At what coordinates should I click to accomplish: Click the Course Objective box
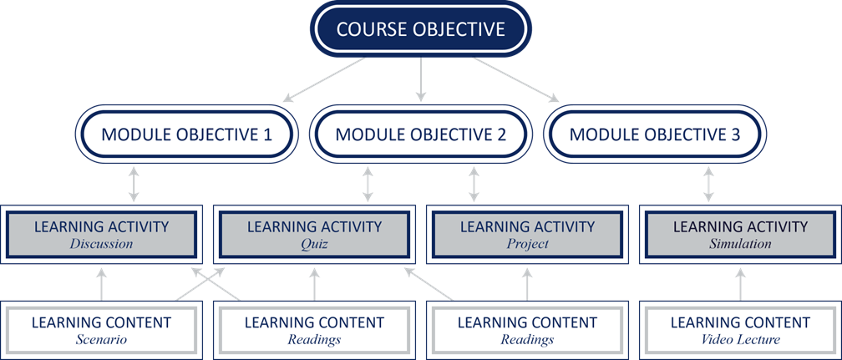coord(420,30)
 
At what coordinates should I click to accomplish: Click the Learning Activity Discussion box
coord(103,234)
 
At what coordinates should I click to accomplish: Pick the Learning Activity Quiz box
coord(314,234)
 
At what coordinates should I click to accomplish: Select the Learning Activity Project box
coord(527,234)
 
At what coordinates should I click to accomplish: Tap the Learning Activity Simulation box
coord(740,234)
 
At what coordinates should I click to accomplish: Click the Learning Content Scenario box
coord(101,330)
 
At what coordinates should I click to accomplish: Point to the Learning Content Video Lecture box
coord(740,330)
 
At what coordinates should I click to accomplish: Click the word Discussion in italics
coord(103,245)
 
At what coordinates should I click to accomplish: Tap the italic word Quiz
coord(314,245)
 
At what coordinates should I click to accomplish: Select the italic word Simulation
coord(740,245)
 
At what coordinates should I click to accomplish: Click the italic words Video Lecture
coord(740,340)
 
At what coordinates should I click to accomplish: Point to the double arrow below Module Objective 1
coord(133,184)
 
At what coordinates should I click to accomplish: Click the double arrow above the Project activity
coord(474,184)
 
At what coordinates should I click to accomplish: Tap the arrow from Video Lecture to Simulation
coord(740,284)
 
